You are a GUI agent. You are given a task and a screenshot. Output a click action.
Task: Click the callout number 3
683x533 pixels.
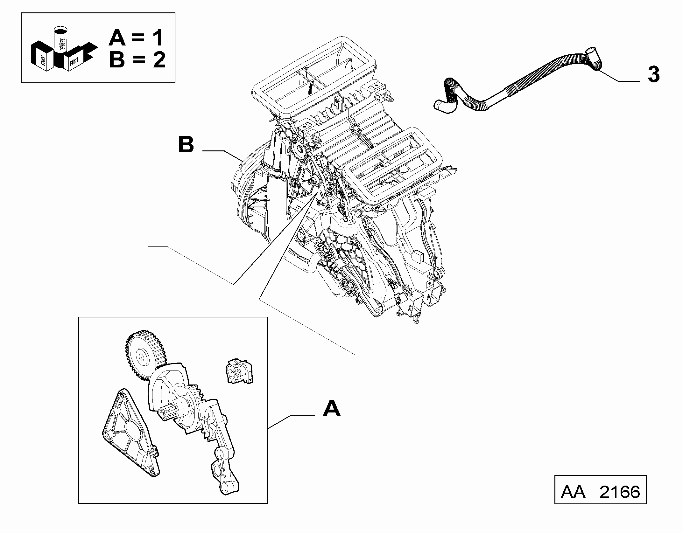click(654, 74)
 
